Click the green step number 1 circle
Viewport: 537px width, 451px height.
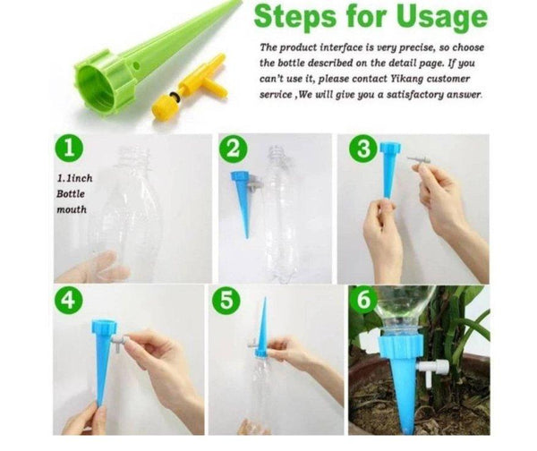pyautogui.click(x=69, y=149)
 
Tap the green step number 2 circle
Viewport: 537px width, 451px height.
pyautogui.click(x=234, y=149)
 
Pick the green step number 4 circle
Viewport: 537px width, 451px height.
pyautogui.click(x=69, y=300)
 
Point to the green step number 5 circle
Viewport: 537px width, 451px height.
pyautogui.click(x=226, y=301)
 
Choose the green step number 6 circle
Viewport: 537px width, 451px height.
pyautogui.click(x=363, y=300)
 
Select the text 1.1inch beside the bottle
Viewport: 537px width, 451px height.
pyautogui.click(x=74, y=178)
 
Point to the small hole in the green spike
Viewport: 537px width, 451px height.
pyautogui.click(x=137, y=64)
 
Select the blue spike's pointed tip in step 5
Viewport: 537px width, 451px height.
pyautogui.click(x=265, y=298)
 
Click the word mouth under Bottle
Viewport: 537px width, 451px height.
pyautogui.click(x=72, y=209)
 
